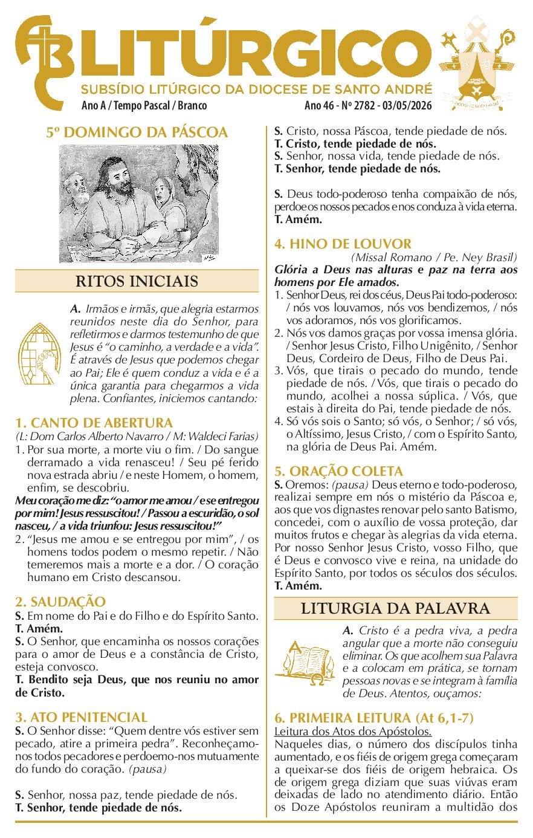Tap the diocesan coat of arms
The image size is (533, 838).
tap(477, 63)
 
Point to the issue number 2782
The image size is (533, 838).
tap(363, 106)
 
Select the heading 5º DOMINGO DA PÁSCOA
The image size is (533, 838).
tap(137, 132)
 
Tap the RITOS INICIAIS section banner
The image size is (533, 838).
tap(137, 281)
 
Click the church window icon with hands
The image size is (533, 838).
tap(39, 354)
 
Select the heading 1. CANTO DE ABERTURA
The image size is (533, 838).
tap(94, 423)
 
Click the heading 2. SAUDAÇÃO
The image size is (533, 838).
tap(60, 602)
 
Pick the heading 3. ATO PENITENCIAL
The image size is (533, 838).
tap(82, 717)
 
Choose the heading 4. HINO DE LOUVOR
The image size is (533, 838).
tap(343, 244)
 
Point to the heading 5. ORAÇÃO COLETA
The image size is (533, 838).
tap(338, 471)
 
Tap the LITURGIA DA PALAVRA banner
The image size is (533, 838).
tap(395, 608)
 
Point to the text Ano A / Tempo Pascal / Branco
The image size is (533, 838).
tap(144, 106)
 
